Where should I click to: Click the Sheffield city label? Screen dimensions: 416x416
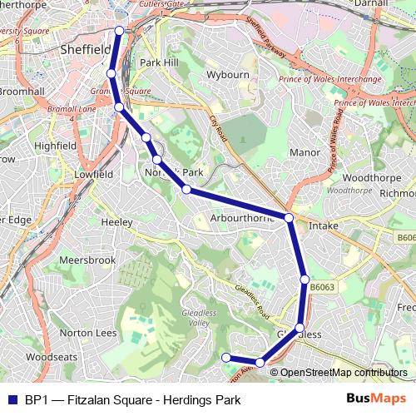click(x=87, y=50)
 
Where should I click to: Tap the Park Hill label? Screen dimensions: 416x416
click(x=159, y=62)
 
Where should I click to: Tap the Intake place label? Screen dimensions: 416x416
click(x=324, y=225)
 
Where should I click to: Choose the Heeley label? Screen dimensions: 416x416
click(x=116, y=222)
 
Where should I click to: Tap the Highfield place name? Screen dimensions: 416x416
click(x=56, y=145)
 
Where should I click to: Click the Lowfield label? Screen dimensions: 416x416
click(x=93, y=175)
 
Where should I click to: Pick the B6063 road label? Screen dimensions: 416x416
click(x=323, y=287)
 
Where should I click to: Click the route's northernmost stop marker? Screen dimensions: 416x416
click(x=119, y=31)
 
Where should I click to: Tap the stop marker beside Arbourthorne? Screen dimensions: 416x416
click(x=289, y=218)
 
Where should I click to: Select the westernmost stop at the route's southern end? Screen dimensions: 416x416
click(x=225, y=358)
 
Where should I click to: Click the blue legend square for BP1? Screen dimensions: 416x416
click(x=12, y=399)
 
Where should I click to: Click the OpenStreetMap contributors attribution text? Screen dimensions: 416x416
click(x=343, y=372)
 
